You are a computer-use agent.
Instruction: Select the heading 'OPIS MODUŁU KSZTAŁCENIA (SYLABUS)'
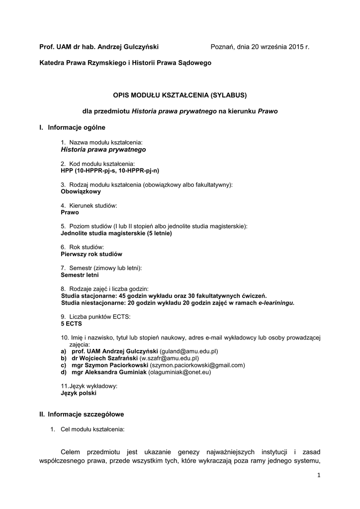click(x=180, y=94)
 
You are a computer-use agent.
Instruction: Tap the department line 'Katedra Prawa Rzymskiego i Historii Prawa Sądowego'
click(x=125, y=63)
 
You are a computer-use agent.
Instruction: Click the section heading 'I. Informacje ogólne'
click(x=73, y=128)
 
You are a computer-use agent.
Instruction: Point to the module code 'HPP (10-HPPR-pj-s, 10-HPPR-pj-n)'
click(x=110, y=170)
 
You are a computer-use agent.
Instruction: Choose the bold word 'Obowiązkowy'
click(x=81, y=191)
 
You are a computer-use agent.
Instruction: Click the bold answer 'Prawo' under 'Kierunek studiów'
click(x=70, y=212)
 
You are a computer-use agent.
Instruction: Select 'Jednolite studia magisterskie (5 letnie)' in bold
click(x=116, y=233)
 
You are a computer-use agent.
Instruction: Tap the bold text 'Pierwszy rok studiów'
click(x=91, y=254)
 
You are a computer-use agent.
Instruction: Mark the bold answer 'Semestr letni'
click(x=80, y=274)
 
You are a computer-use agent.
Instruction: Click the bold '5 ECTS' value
click(x=71, y=323)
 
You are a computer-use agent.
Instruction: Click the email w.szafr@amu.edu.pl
click(x=169, y=358)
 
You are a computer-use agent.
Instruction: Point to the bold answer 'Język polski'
click(x=79, y=393)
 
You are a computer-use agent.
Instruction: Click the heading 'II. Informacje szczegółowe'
click(x=82, y=414)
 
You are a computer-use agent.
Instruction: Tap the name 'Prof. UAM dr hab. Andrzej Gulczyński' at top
click(x=99, y=47)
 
